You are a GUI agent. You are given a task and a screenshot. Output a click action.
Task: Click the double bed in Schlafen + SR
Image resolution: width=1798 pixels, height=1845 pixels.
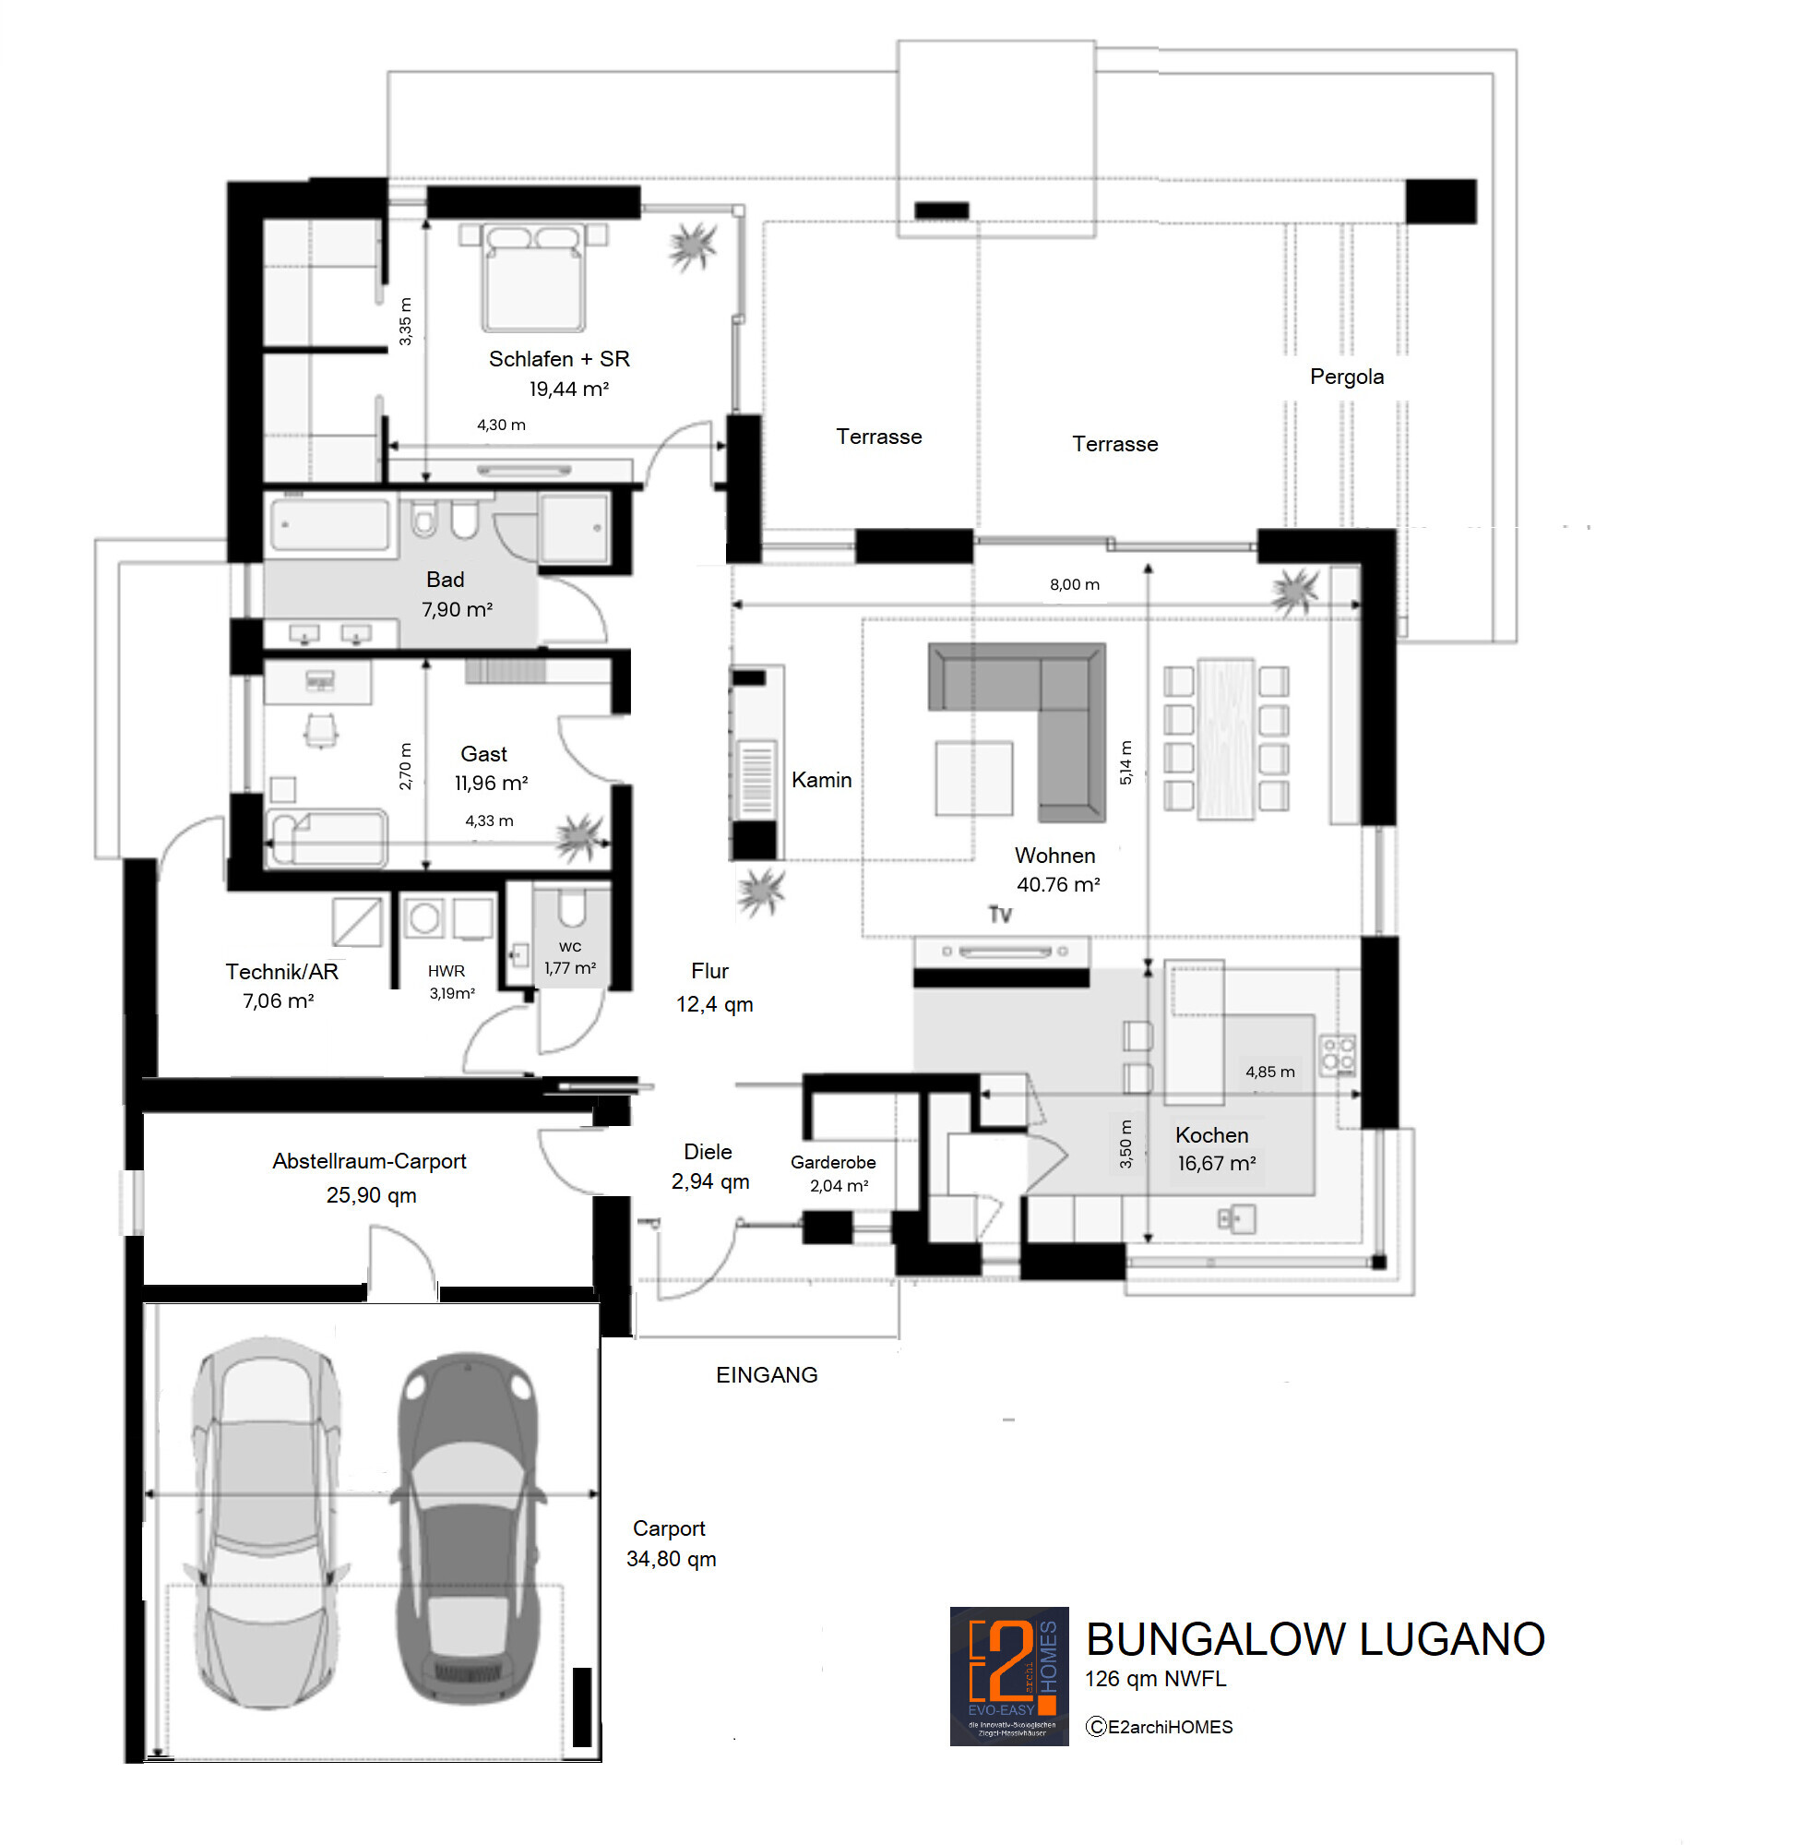[533, 278]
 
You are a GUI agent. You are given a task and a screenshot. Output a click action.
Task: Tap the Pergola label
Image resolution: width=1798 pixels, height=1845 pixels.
[1346, 377]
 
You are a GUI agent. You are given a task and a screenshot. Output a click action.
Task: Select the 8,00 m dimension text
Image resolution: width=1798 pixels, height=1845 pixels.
[1074, 585]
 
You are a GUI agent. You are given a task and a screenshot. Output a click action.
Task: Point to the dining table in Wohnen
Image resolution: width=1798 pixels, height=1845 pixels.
[1226, 738]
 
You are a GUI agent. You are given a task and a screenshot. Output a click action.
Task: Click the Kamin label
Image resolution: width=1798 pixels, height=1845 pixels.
[821, 780]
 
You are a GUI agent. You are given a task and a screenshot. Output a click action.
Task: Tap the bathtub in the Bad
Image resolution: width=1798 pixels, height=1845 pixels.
[329, 525]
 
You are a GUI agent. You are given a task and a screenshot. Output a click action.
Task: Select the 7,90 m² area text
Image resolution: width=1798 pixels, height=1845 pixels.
[457, 610]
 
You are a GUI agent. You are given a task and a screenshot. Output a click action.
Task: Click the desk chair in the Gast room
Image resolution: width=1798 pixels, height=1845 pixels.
[321, 730]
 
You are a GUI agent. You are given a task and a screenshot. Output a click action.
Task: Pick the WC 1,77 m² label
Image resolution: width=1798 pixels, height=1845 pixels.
[569, 958]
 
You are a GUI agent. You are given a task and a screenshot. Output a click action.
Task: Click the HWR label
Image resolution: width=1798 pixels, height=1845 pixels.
[446, 971]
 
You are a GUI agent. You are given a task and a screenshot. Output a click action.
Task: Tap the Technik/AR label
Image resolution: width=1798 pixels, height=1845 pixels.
[281, 972]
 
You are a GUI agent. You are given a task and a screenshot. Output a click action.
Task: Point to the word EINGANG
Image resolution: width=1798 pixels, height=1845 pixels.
[766, 1375]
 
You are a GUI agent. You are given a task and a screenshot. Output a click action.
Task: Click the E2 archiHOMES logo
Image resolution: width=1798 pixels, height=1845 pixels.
[1008, 1676]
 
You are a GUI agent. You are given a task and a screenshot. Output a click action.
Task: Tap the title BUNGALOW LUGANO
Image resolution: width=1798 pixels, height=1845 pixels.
[1315, 1640]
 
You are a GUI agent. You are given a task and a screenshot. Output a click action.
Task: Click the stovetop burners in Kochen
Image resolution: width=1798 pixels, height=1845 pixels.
[1337, 1053]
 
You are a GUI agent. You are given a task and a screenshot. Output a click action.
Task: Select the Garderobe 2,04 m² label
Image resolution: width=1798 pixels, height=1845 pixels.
[833, 1173]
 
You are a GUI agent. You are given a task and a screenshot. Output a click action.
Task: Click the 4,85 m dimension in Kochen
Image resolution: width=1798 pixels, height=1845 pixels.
[1269, 1072]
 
